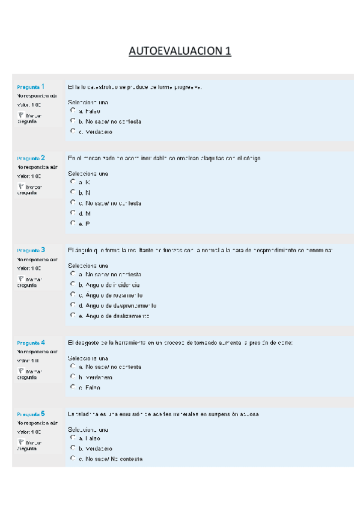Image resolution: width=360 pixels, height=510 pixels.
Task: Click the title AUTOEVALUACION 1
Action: pyautogui.click(x=180, y=51)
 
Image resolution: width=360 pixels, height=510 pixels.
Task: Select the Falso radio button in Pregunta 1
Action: pyautogui.click(x=73, y=111)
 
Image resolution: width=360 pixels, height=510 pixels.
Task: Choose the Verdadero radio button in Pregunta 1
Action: pyautogui.click(x=73, y=131)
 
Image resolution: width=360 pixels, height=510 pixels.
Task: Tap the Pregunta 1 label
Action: pyautogui.click(x=31, y=87)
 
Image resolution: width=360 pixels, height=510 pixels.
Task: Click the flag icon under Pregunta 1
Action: pyautogui.click(x=20, y=114)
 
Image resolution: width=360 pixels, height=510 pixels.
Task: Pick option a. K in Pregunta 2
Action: pyautogui.click(x=73, y=181)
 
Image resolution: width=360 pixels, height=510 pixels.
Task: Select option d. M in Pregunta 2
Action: pyautogui.click(x=73, y=213)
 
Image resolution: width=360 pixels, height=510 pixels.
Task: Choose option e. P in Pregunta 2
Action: pyautogui.click(x=73, y=223)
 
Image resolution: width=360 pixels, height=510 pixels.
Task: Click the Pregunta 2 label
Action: pyautogui.click(x=31, y=158)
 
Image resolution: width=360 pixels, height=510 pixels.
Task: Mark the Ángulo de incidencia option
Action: pyautogui.click(x=73, y=283)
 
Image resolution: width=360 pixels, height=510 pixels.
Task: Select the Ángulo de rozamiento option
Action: pyautogui.click(x=73, y=294)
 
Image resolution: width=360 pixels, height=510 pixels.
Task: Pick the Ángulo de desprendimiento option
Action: pyautogui.click(x=73, y=304)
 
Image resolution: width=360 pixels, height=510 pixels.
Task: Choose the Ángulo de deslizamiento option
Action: pyautogui.click(x=73, y=315)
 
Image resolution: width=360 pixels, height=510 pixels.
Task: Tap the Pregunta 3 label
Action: pyautogui.click(x=31, y=250)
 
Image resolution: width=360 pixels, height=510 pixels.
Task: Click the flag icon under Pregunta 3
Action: pyautogui.click(x=20, y=278)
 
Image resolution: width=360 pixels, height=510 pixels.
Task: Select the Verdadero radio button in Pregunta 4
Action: pyautogui.click(x=73, y=376)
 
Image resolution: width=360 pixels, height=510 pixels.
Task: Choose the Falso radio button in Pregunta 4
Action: pyautogui.click(x=73, y=387)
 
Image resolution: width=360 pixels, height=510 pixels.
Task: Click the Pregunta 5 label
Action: pyautogui.click(x=31, y=414)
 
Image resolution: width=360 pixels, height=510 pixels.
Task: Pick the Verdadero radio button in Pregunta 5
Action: pyautogui.click(x=73, y=447)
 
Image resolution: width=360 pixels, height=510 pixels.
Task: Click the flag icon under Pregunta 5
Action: pyautogui.click(x=20, y=442)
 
